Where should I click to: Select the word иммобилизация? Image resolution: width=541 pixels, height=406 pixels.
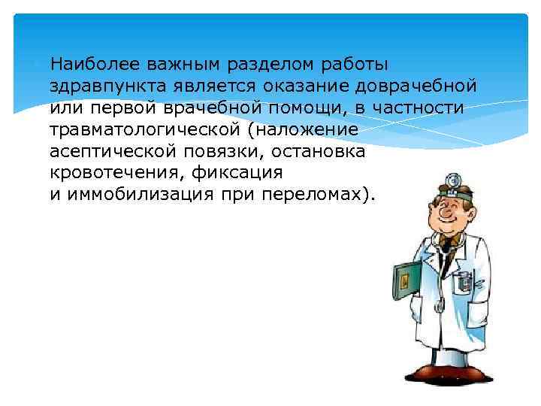click(128, 195)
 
